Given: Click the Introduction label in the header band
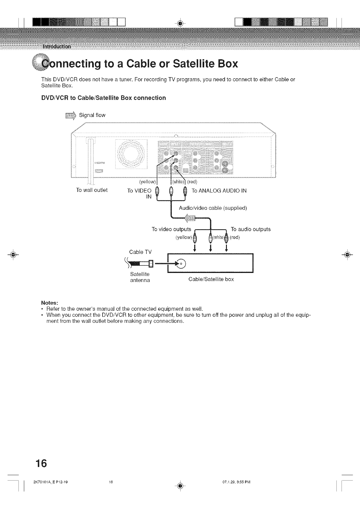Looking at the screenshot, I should [x=57, y=47].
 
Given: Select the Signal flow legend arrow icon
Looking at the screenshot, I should [x=70, y=115].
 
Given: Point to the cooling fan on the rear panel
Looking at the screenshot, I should [x=131, y=154].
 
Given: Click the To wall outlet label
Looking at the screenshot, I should [x=92, y=190].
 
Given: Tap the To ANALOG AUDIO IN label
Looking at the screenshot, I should [x=219, y=190].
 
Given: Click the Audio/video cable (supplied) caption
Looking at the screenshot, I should [x=213, y=208].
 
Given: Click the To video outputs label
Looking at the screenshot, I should [x=171, y=229].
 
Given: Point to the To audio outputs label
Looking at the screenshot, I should [x=250, y=229].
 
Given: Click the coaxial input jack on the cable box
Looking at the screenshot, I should [x=182, y=263].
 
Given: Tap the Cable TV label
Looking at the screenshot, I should [x=140, y=252].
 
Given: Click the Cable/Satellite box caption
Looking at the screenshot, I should [x=211, y=279].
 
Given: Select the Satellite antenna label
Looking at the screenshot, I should [x=140, y=277].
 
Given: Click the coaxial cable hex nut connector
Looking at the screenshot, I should [x=151, y=263].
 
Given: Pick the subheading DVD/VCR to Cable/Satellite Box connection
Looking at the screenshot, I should [x=103, y=98].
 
